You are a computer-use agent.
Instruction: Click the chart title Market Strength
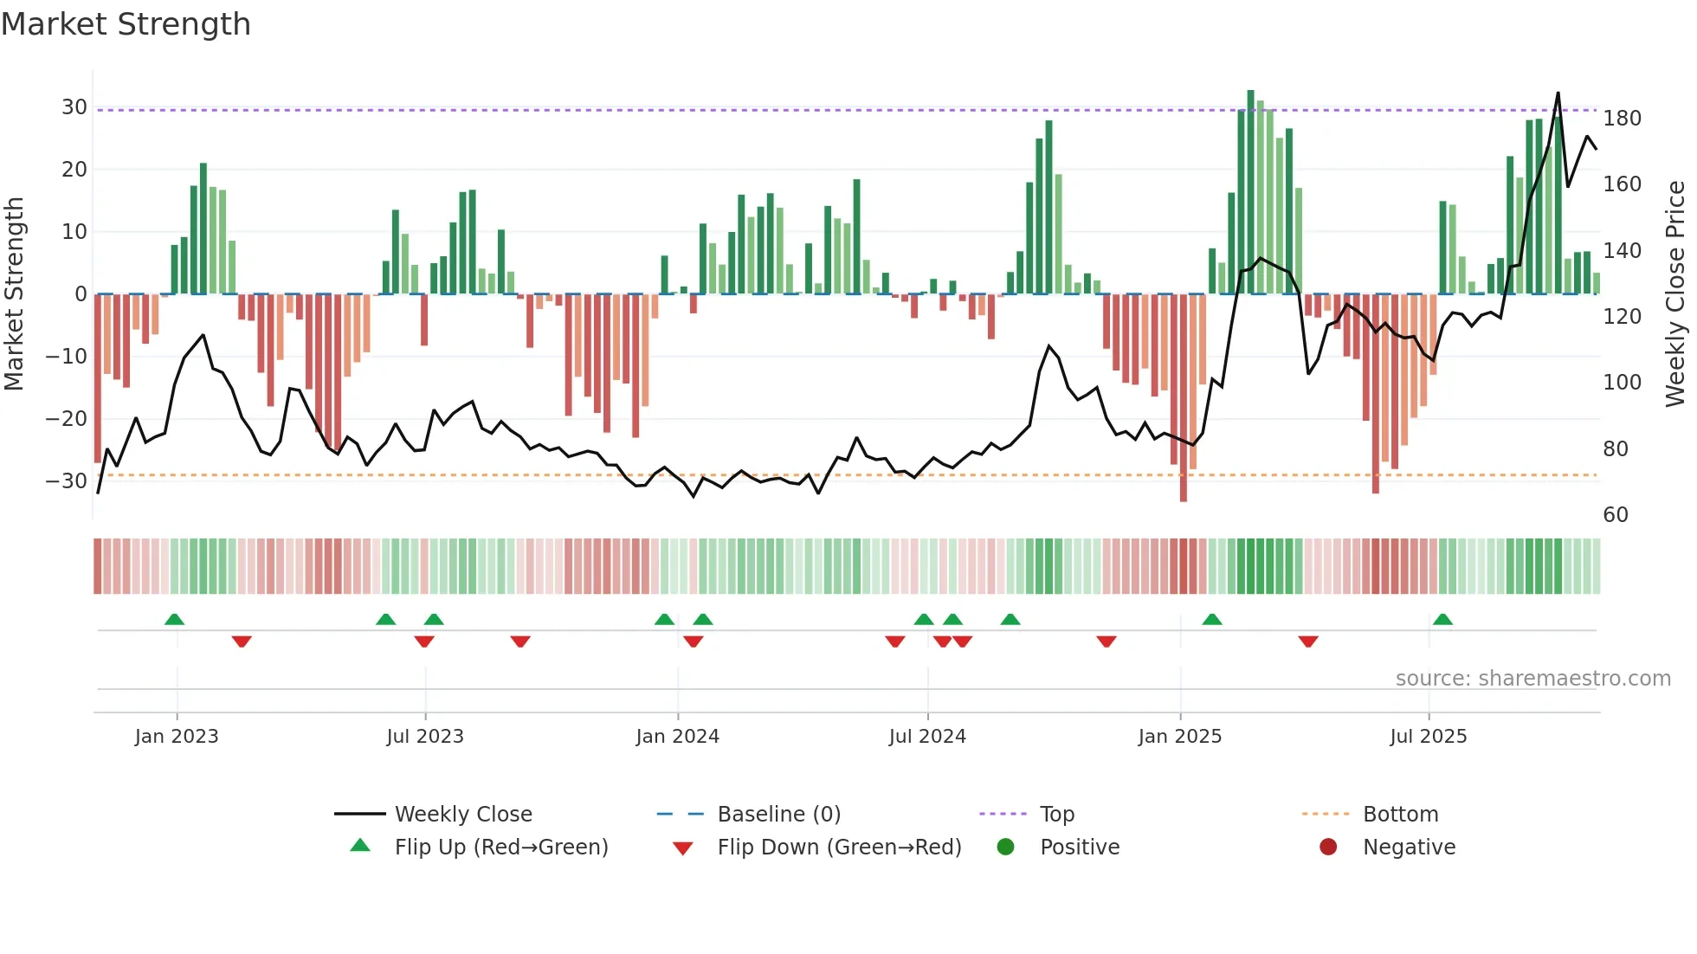(x=126, y=24)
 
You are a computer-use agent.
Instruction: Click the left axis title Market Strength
(x=15, y=293)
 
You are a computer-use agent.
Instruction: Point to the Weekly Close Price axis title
(x=1675, y=293)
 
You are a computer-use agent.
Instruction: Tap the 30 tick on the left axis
(x=74, y=107)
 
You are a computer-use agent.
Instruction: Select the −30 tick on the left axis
(x=68, y=481)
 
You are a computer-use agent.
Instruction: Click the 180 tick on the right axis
(x=1622, y=119)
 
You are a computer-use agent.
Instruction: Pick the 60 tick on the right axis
(x=1616, y=515)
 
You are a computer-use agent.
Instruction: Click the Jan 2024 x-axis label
(x=677, y=737)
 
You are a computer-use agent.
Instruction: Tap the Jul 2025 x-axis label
(x=1428, y=737)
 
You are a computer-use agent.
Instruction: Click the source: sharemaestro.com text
(x=1532, y=679)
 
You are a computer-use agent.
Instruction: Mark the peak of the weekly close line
(x=1558, y=93)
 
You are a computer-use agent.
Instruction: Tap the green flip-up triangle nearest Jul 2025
(x=1442, y=620)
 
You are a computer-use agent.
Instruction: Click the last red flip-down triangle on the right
(x=1308, y=641)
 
